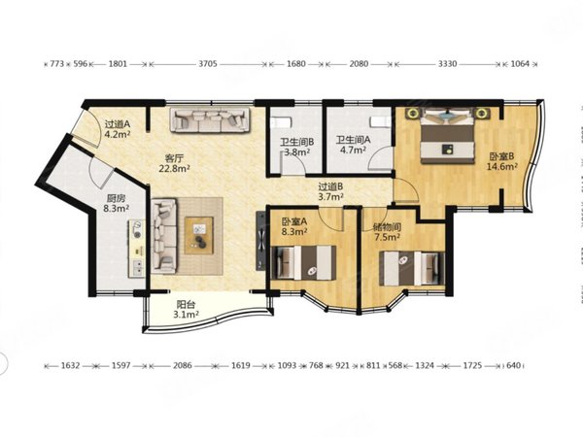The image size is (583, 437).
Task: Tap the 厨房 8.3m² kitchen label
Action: tap(116, 203)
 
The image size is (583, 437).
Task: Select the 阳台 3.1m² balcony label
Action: tap(186, 310)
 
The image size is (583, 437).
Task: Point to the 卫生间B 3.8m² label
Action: tap(296, 147)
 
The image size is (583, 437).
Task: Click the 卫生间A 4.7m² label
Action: tap(353, 145)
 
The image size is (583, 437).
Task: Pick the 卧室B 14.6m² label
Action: tap(502, 161)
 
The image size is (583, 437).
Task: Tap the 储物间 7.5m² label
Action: tap(387, 231)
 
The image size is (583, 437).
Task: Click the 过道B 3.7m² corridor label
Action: tap(330, 191)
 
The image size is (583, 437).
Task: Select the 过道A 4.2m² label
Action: tap(118, 129)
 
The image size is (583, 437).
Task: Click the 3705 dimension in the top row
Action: tap(208, 64)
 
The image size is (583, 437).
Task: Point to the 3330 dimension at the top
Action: tap(447, 64)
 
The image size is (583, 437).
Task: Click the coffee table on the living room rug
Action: tap(199, 236)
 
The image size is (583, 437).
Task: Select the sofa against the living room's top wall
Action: tap(210, 119)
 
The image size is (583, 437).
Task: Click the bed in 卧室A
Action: tap(304, 262)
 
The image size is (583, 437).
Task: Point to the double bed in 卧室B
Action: tap(448, 141)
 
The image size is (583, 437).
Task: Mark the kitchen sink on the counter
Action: tap(137, 268)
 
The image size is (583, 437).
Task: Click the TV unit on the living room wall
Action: tap(261, 241)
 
